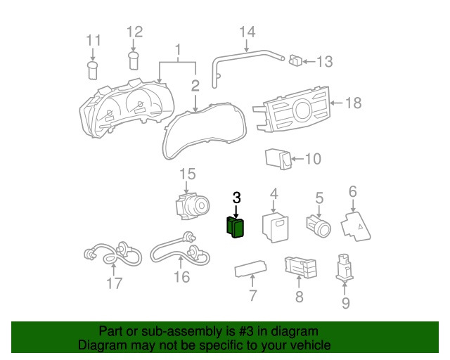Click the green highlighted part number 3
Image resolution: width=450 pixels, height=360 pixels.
[x=235, y=228]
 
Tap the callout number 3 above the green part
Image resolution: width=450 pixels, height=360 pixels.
[x=236, y=198]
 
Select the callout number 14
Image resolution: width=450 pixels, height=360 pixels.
[x=247, y=32]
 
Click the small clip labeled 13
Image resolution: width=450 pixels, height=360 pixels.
[x=297, y=61]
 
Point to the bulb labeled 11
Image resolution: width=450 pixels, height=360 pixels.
[x=92, y=69]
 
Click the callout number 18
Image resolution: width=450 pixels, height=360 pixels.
[x=353, y=103]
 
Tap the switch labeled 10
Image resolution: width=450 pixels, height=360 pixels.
[x=279, y=159]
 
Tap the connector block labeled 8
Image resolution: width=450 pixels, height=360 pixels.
[x=300, y=268]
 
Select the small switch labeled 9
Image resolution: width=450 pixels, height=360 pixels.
[x=345, y=266]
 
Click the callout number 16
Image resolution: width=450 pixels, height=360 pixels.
[x=181, y=276]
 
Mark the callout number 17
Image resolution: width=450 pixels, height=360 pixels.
[x=114, y=283]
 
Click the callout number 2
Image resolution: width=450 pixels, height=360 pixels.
[x=195, y=86]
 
